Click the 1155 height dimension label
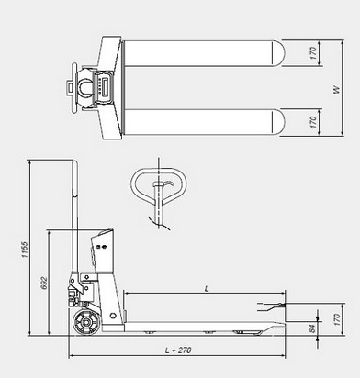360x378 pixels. (25, 250)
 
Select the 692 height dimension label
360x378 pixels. (44, 283)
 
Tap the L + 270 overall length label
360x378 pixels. (178, 350)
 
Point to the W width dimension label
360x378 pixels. (336, 90)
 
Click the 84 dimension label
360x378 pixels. (312, 328)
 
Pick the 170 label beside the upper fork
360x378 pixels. (312, 53)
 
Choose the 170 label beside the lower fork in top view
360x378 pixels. (312, 122)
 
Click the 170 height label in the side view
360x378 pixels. (337, 319)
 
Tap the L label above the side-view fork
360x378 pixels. (207, 288)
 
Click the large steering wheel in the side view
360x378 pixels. (86, 323)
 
